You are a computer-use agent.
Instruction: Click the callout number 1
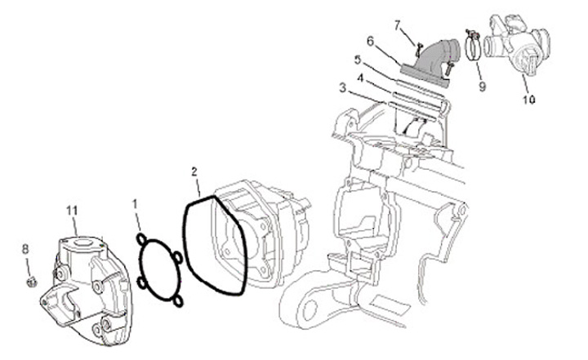tap(135, 204)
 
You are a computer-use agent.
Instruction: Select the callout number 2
tap(194, 172)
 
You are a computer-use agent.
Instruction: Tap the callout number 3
tap(343, 88)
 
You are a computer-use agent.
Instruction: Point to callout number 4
tap(360, 78)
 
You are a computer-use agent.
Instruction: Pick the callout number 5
tap(358, 60)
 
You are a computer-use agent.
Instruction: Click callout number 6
tap(371, 42)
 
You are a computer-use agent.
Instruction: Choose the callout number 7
tap(398, 25)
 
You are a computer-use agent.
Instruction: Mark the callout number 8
tap(25, 249)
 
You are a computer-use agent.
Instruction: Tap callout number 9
tap(483, 87)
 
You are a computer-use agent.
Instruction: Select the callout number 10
tap(528, 100)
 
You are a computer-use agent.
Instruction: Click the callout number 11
tap(72, 211)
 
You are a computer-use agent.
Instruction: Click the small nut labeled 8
tap(32, 282)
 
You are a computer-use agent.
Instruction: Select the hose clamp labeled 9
tap(473, 47)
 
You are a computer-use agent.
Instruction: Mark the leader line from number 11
tap(75, 226)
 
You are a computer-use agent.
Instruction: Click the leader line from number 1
tap(138, 220)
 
